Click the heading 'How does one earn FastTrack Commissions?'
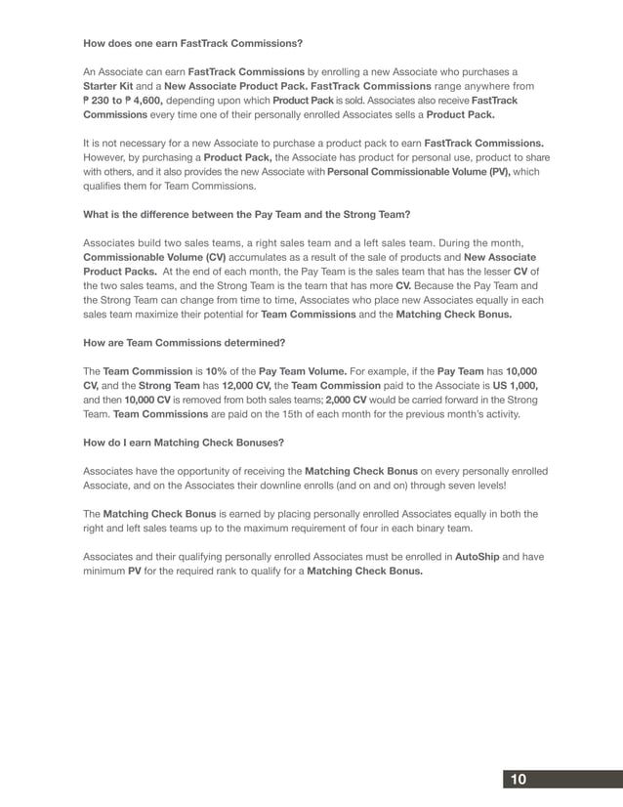pyautogui.click(x=192, y=44)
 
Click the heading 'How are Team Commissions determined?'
pyautogui.click(x=184, y=343)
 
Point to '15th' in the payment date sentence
pyautogui.click(x=348, y=414)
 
